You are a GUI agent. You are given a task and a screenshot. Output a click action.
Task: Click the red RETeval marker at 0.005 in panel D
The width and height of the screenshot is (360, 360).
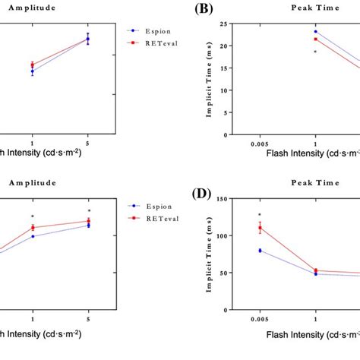pyautogui.click(x=260, y=228)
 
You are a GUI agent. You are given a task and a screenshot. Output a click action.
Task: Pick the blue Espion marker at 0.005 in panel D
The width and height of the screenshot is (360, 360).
pyautogui.click(x=260, y=251)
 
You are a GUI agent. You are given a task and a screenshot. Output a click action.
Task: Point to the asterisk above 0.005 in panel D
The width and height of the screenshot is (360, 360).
pyautogui.click(x=260, y=215)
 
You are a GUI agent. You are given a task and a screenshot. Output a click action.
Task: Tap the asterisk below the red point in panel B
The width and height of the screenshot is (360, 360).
pyautogui.click(x=315, y=52)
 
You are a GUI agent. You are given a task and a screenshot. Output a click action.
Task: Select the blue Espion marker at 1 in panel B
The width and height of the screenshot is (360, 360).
pyautogui.click(x=315, y=32)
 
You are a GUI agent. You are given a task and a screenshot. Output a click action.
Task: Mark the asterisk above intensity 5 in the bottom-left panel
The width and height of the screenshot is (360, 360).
pyautogui.click(x=89, y=211)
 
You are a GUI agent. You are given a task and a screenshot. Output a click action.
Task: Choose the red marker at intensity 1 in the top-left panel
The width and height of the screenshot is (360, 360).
pyautogui.click(x=32, y=65)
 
